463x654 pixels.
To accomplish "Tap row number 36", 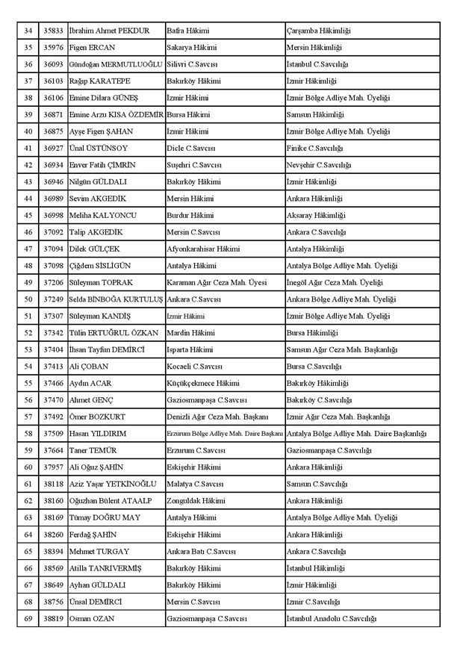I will (28, 64).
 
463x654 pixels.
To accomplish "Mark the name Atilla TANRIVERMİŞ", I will (105, 567).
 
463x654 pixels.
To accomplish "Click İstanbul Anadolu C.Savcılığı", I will (331, 618).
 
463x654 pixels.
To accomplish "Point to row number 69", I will (28, 618).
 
